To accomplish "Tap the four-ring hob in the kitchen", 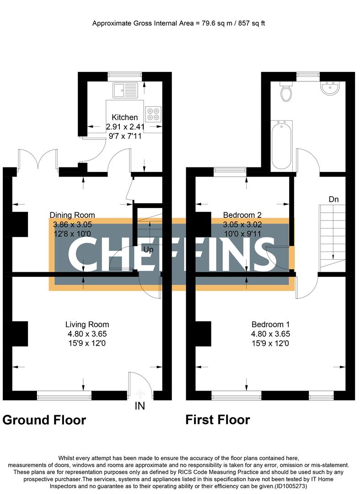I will [153, 113].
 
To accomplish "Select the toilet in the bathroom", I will [286, 92].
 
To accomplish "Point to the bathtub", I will [280, 145].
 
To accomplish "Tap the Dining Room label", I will [72, 215].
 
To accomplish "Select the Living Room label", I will [87, 325].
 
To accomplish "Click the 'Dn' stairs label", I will [333, 199].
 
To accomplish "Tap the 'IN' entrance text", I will [140, 406].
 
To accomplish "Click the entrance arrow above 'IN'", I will [140, 393].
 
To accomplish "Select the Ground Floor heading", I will [44, 420].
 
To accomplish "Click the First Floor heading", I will [218, 419].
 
